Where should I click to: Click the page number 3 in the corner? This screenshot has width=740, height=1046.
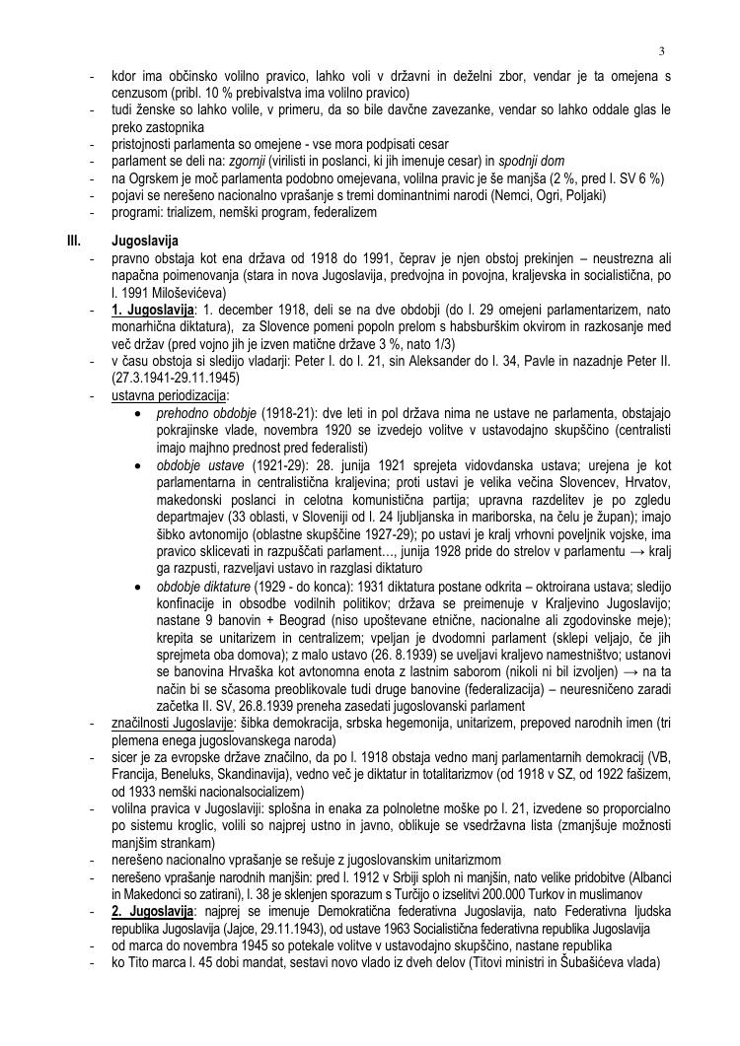tap(662, 50)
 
